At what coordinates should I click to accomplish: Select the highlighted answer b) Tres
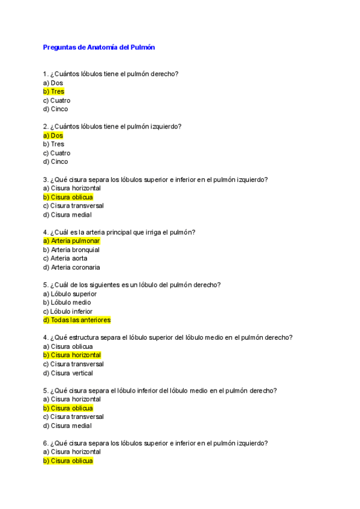(53, 92)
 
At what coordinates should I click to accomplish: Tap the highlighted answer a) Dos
(53, 136)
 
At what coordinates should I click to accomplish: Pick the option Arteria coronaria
(71, 267)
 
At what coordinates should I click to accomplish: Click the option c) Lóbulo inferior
(68, 312)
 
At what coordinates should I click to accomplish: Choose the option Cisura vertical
(68, 373)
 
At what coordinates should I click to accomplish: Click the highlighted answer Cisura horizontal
(72, 355)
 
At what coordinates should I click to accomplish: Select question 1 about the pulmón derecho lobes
(110, 74)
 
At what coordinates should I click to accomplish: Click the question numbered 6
(155, 443)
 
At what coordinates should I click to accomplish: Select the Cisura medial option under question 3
(67, 215)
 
